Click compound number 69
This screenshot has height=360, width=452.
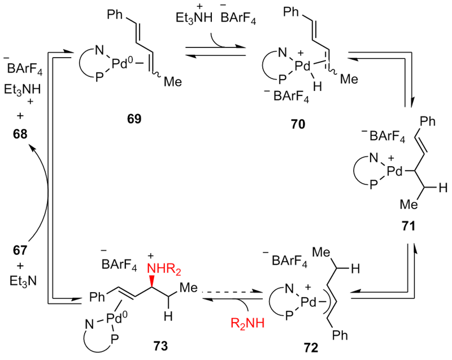[134, 119]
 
